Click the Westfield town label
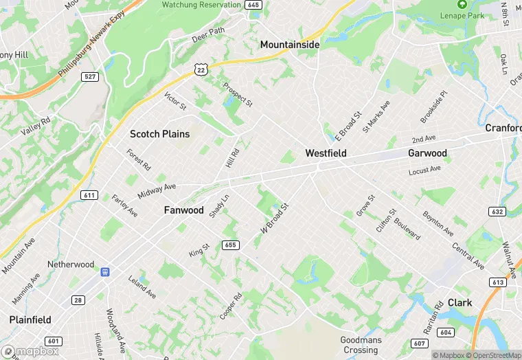pos(326,153)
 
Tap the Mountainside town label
pos(290,45)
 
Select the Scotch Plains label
pos(159,134)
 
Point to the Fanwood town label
pos(183,210)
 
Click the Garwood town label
pos(427,153)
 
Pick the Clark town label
pos(459,302)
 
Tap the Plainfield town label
pos(30,319)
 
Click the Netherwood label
pos(70,264)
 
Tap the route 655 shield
pos(230,245)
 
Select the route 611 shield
pos(89,195)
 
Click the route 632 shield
pos(497,212)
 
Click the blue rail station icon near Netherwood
pos(105,273)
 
